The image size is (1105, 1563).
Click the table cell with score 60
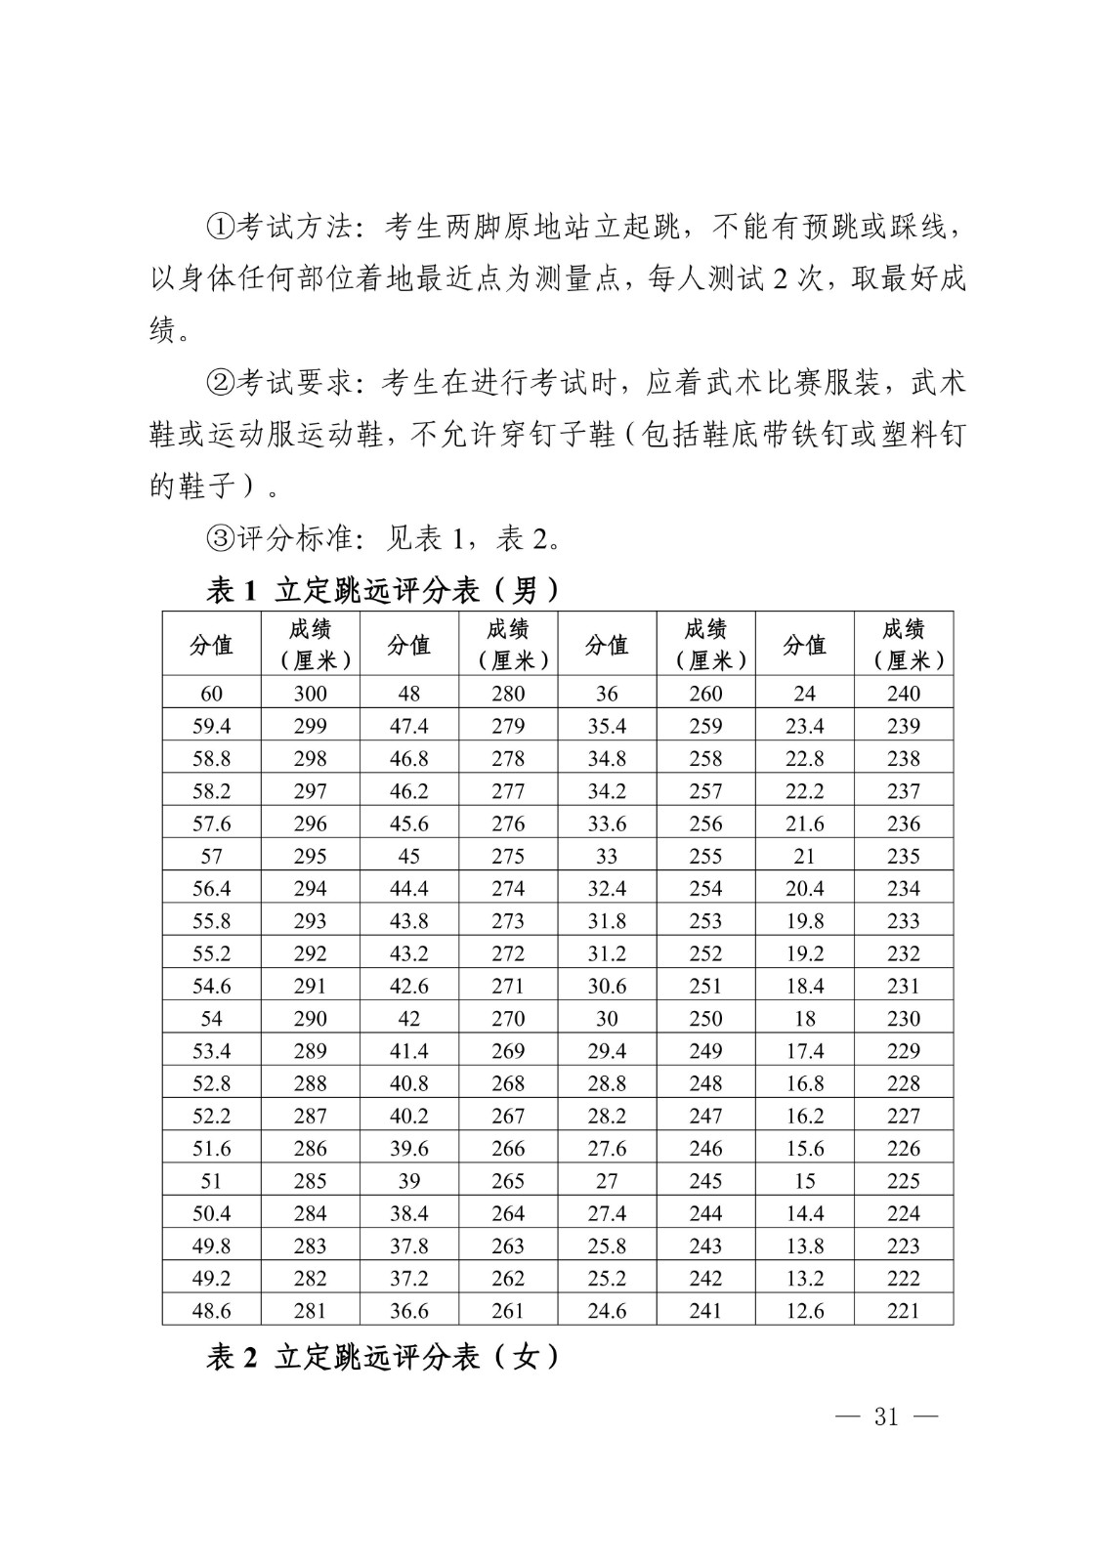coord(211,694)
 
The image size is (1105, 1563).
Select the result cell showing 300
coord(310,694)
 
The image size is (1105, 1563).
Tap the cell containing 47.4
coord(408,726)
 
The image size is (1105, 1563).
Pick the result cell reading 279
coord(508,726)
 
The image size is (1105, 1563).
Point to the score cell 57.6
coord(211,824)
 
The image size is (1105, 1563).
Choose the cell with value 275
coord(508,856)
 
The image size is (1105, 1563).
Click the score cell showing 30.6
coord(607,986)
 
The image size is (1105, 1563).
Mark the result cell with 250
coord(705,1018)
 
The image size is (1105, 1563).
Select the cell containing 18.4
coord(804,986)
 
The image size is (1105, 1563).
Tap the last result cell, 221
coord(904,1311)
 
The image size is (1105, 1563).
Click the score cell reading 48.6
coord(211,1311)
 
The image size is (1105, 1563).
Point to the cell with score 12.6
coord(804,1311)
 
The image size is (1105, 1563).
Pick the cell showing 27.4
coord(607,1213)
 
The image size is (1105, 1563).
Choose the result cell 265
coord(508,1181)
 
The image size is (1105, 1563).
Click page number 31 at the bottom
coord(886,1417)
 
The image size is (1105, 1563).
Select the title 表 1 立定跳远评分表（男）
coord(383,590)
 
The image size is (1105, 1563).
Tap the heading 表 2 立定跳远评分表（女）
coord(383,1357)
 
